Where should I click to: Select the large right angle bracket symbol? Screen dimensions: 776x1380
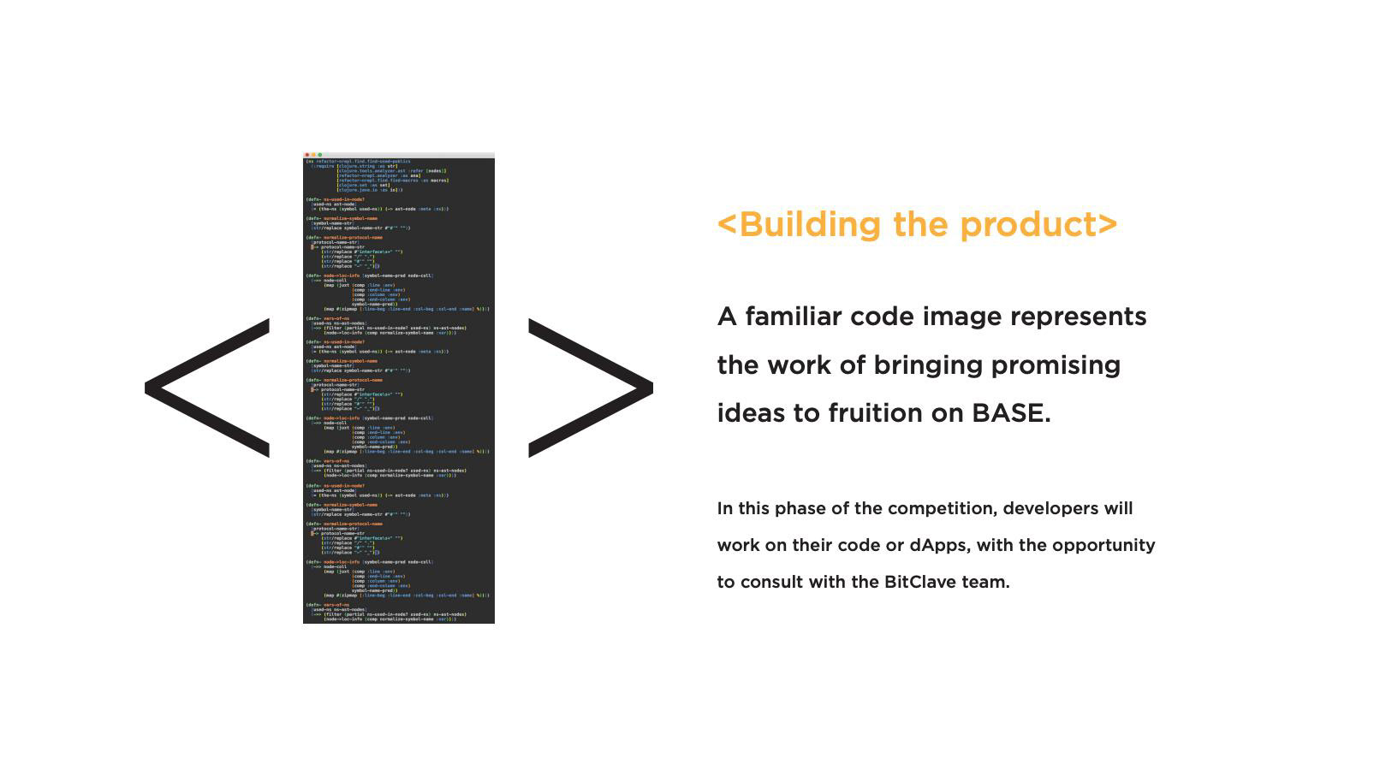590,388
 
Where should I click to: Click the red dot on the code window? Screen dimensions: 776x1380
307,155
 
